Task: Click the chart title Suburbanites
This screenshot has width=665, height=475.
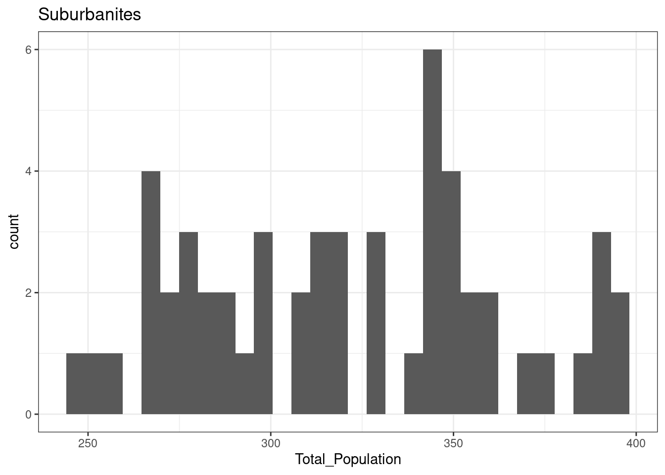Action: pyautogui.click(x=90, y=15)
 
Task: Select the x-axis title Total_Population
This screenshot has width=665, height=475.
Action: pyautogui.click(x=348, y=459)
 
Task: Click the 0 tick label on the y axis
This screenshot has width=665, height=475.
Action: pyautogui.click(x=28, y=415)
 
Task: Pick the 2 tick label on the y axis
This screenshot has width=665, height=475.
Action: pyautogui.click(x=28, y=293)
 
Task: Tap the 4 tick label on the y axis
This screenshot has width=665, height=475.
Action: pyautogui.click(x=28, y=171)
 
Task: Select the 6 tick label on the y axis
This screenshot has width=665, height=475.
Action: pyautogui.click(x=28, y=50)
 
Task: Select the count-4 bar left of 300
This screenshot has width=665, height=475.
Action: pyautogui.click(x=151, y=292)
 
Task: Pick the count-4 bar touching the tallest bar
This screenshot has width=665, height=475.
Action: pyautogui.click(x=451, y=292)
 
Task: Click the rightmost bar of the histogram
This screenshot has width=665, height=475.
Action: pyautogui.click(x=620, y=353)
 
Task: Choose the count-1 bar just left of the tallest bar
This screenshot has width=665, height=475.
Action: pyautogui.click(x=414, y=384)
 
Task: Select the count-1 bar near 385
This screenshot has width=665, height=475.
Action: pyautogui.click(x=582, y=384)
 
